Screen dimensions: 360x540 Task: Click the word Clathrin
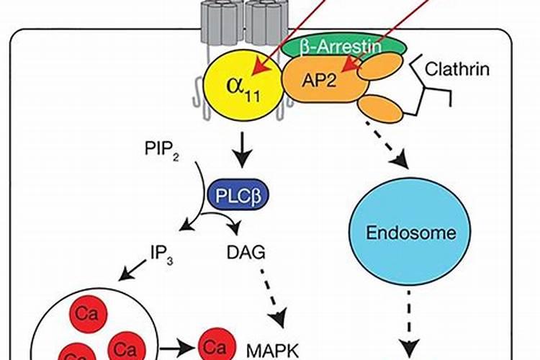pyautogui.click(x=457, y=70)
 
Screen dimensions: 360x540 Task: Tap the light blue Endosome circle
pyautogui.click(x=402, y=233)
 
